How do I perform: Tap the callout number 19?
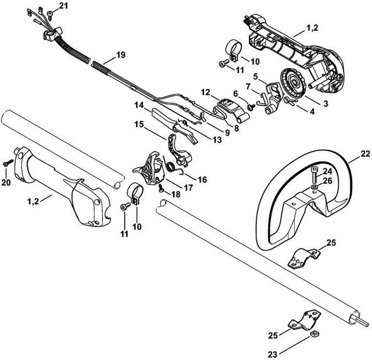click(x=120, y=55)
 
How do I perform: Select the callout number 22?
click(x=364, y=154)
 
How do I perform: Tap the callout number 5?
click(x=255, y=76)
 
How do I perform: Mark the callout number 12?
click(x=205, y=92)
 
